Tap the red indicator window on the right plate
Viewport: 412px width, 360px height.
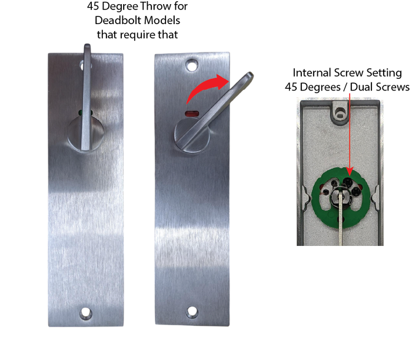coord(192,114)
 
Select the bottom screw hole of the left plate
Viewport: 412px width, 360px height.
coord(86,313)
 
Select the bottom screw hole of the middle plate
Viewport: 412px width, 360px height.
coord(192,312)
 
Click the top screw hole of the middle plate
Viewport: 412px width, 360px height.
coord(192,65)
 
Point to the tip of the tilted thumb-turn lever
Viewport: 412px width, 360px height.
coord(251,75)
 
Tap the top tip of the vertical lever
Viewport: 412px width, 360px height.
coord(87,45)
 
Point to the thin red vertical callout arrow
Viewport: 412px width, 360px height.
coord(350,134)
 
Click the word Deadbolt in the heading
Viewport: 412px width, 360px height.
coord(118,20)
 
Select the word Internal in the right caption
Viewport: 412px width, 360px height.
coord(311,73)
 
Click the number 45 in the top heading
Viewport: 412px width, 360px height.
coord(93,6)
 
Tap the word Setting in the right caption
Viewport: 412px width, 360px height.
coord(384,74)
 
